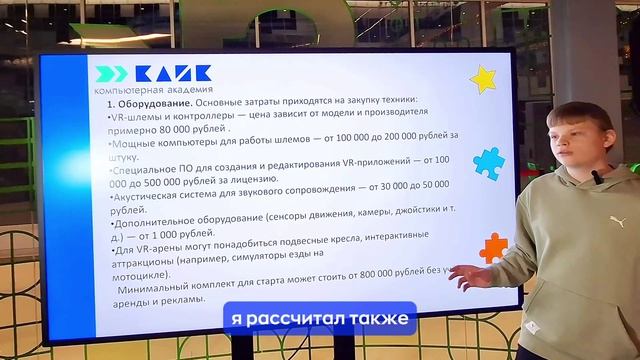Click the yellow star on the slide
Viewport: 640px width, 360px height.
click(483, 78)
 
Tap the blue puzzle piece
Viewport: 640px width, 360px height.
click(488, 162)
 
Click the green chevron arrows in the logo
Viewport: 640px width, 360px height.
click(109, 74)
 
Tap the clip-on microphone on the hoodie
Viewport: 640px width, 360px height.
click(597, 177)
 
